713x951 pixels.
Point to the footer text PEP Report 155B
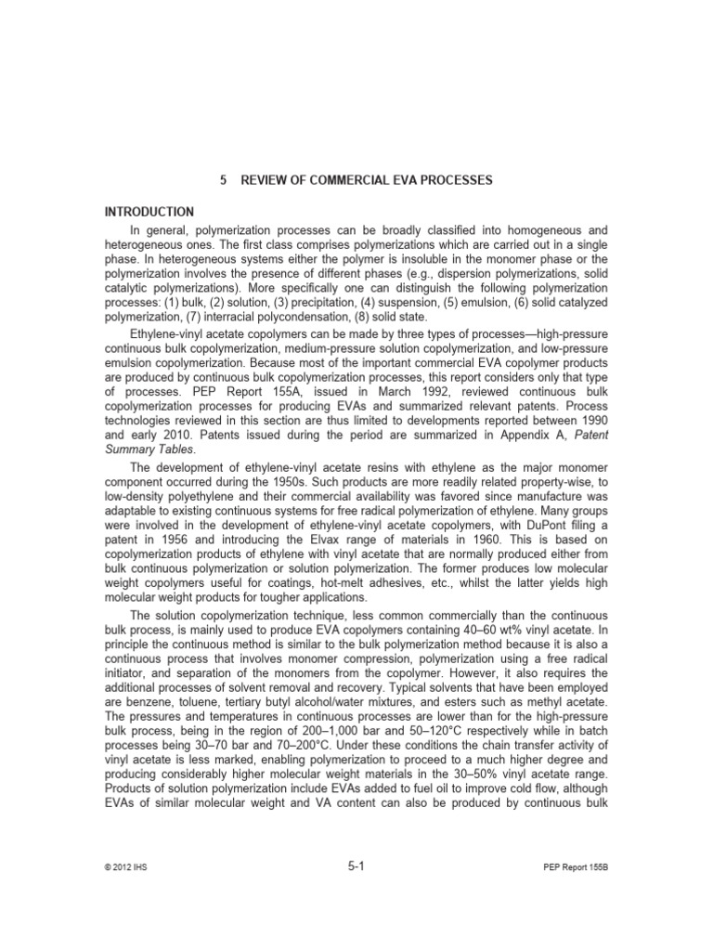(x=575, y=868)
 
